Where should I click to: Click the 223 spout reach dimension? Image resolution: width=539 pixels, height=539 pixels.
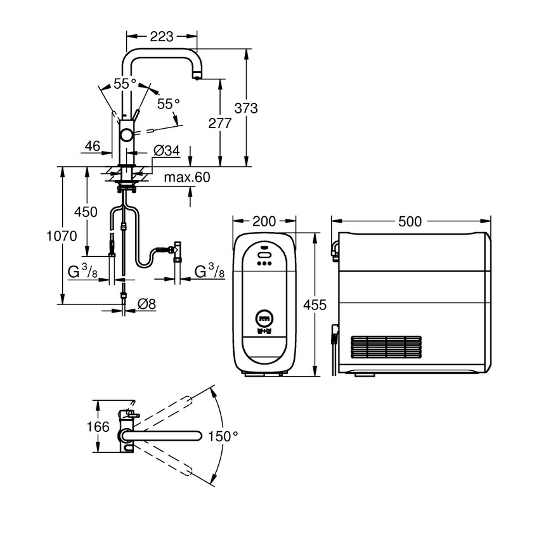pyautogui.click(x=162, y=37)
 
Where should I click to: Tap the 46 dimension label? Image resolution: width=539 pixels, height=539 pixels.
pyautogui.click(x=92, y=146)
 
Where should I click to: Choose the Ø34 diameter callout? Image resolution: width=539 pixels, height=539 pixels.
pyautogui.click(x=167, y=151)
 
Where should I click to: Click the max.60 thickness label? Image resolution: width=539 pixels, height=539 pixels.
pyautogui.click(x=186, y=178)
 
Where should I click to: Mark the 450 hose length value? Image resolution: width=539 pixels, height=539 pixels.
pyautogui.click(x=86, y=211)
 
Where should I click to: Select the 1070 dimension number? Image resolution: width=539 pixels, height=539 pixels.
pyautogui.click(x=62, y=237)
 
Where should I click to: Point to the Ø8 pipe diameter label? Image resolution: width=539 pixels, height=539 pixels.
pyautogui.click(x=146, y=304)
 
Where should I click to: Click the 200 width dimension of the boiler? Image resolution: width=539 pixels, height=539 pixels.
pyautogui.click(x=264, y=221)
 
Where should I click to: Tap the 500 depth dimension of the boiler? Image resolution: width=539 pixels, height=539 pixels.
pyautogui.click(x=410, y=221)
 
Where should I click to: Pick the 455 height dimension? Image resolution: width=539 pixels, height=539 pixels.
pyautogui.click(x=315, y=305)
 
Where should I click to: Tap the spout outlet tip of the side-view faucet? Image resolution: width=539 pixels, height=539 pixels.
pyautogui.click(x=197, y=77)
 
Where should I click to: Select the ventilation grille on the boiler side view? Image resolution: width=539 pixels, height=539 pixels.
pyautogui.click(x=386, y=347)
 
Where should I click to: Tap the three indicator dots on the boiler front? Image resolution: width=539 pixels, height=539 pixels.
pyautogui.click(x=264, y=264)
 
